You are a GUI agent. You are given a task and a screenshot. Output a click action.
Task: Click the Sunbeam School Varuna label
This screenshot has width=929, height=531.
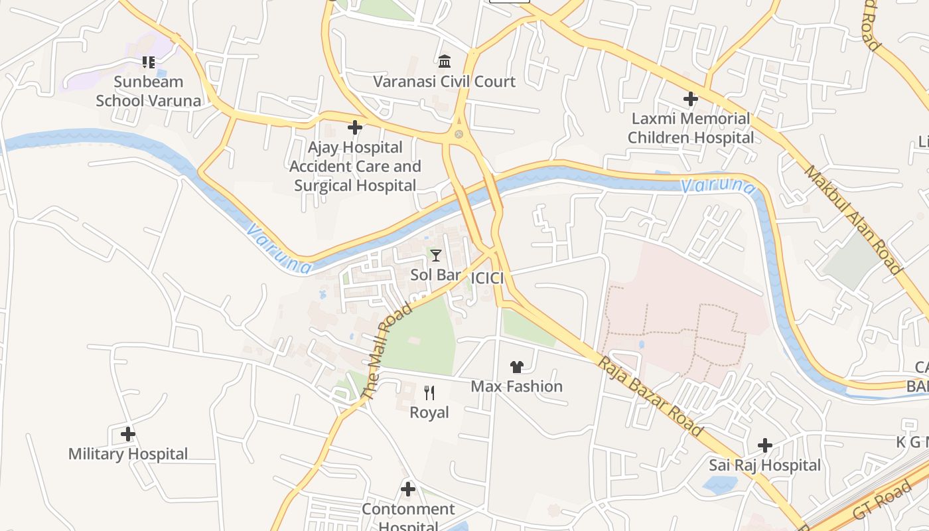(x=148, y=91)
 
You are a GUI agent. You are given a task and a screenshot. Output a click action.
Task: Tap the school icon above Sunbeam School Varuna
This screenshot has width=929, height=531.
(x=148, y=62)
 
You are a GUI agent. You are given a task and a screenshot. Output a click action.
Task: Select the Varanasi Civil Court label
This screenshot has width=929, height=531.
(x=444, y=82)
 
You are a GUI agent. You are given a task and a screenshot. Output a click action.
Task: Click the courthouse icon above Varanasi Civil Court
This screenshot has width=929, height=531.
(x=445, y=62)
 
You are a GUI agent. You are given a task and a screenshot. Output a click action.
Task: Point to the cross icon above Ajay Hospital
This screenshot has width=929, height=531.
(x=355, y=127)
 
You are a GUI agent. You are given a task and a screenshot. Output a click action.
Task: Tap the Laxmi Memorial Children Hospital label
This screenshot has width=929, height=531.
(x=691, y=128)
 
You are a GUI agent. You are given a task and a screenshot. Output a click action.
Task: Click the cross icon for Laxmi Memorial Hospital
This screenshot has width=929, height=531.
(x=691, y=99)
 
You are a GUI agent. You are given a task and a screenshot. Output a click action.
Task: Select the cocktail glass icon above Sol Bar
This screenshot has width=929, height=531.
(x=436, y=255)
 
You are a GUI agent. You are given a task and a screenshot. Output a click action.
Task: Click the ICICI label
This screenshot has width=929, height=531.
(x=486, y=278)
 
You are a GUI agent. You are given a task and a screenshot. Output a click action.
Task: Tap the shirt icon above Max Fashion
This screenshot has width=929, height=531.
(x=517, y=366)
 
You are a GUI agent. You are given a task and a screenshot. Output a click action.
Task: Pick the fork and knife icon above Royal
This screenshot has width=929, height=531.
(x=429, y=393)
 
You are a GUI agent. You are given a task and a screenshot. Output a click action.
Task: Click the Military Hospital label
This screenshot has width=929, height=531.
(x=128, y=454)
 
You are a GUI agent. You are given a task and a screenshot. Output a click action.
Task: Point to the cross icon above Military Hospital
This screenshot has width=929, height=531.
(x=128, y=434)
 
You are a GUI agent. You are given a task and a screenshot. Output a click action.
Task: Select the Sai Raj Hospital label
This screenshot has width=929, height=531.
(x=764, y=465)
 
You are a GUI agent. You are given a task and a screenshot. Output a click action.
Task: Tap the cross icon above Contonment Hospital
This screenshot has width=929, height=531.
(x=408, y=489)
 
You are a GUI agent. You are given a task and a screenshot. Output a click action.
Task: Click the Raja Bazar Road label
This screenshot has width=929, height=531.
(x=650, y=396)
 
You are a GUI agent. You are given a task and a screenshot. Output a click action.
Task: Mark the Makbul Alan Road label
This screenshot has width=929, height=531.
(x=853, y=220)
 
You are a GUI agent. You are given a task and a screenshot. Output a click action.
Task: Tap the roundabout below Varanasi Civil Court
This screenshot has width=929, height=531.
(x=459, y=134)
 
